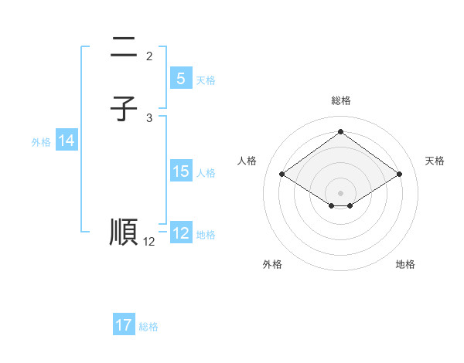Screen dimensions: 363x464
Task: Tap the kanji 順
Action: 124,232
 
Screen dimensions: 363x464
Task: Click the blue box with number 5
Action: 180,78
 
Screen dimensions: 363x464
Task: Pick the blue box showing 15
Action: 180,171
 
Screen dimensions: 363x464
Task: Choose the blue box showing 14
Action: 67,141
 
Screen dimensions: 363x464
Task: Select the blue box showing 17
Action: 124,325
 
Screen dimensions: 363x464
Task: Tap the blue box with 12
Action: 180,233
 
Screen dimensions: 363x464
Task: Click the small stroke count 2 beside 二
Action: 149,56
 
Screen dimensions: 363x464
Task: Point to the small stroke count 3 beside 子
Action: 149,117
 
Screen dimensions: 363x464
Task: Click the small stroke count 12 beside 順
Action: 149,242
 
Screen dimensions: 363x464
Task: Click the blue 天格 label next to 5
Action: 206,80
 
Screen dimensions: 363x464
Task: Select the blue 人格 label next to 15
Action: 206,173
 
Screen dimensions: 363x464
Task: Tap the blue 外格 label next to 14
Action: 41,142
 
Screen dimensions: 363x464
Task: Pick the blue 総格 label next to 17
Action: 148,327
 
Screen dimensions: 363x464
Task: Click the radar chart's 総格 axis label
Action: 340,100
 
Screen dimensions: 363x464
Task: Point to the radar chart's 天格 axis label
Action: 435,161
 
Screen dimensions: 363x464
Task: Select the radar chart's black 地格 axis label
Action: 405,264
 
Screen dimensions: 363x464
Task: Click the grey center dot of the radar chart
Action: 340,192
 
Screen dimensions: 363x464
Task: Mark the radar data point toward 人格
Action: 282,175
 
